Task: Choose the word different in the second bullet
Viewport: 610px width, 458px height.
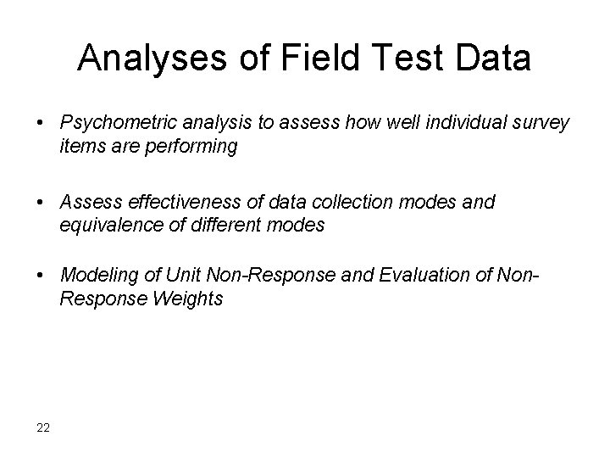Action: coord(231,225)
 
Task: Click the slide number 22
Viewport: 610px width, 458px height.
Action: coord(43,426)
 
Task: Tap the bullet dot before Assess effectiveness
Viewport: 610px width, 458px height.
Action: coord(41,204)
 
